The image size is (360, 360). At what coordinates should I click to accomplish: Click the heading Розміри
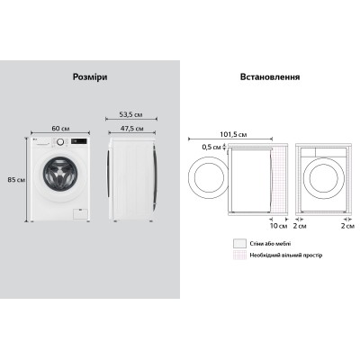pyautogui.click(x=89, y=77)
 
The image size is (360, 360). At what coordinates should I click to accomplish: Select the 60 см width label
pyautogui.click(x=59, y=128)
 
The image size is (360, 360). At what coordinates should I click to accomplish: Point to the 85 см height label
pyautogui.click(x=14, y=178)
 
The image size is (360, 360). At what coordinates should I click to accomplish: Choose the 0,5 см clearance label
pyautogui.click(x=213, y=147)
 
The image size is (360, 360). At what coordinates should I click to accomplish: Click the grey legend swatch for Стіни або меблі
pyautogui.click(x=238, y=242)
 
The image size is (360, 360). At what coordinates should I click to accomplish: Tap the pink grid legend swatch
pyautogui.click(x=238, y=255)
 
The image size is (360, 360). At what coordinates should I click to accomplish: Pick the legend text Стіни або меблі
pyautogui.click(x=274, y=242)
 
